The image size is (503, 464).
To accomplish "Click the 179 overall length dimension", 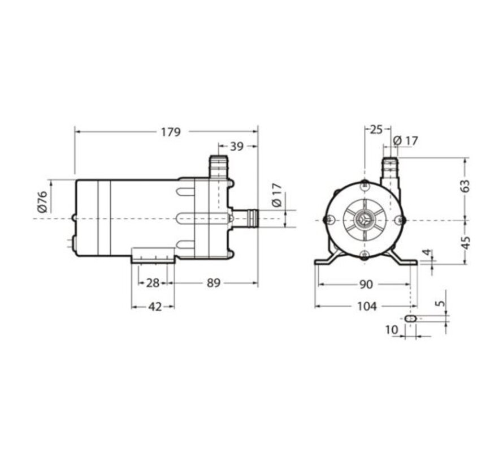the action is tap(171, 132).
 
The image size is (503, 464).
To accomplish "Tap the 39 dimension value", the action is tap(237, 147).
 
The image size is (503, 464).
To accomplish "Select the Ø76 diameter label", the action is tap(42, 201).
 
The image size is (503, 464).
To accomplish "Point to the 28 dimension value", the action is tap(153, 283).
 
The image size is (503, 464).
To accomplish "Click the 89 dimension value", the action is tap(214, 283).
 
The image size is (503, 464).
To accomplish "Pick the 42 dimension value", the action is tap(155, 307).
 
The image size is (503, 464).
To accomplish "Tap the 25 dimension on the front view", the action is tap(376, 130).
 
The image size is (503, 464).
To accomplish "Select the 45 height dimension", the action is tap(465, 243).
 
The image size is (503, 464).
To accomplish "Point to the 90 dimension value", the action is tap(366, 284).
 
